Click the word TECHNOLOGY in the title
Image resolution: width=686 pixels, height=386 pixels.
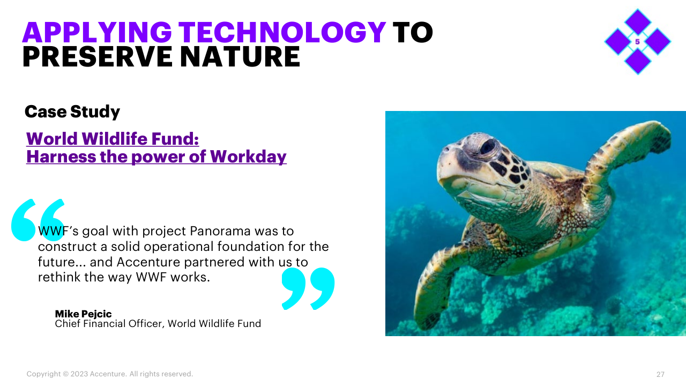pyautogui.click(x=282, y=32)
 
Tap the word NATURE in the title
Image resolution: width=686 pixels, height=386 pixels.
pyautogui.click(x=240, y=57)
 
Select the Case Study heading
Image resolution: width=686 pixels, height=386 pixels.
pyautogui.click(x=72, y=112)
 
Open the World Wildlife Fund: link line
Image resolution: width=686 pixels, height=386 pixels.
pyautogui.click(x=113, y=139)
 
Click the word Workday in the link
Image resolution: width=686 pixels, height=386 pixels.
pyautogui.click(x=248, y=157)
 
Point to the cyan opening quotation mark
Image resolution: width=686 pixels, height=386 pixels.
pyautogui.click(x=38, y=220)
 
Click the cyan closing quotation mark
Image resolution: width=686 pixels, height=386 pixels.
pyautogui.click(x=308, y=288)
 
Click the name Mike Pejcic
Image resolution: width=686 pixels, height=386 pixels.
pyautogui.click(x=83, y=314)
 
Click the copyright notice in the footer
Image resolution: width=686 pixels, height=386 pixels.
pyautogui.click(x=110, y=374)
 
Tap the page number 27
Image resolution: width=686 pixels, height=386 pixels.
pyautogui.click(x=660, y=374)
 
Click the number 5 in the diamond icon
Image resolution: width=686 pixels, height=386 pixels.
pyautogui.click(x=638, y=42)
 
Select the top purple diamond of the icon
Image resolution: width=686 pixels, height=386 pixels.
pyautogui.click(x=638, y=22)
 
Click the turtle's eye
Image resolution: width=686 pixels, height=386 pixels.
pyautogui.click(x=488, y=147)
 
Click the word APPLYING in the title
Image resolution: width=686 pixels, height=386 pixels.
pyautogui.click(x=97, y=32)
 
